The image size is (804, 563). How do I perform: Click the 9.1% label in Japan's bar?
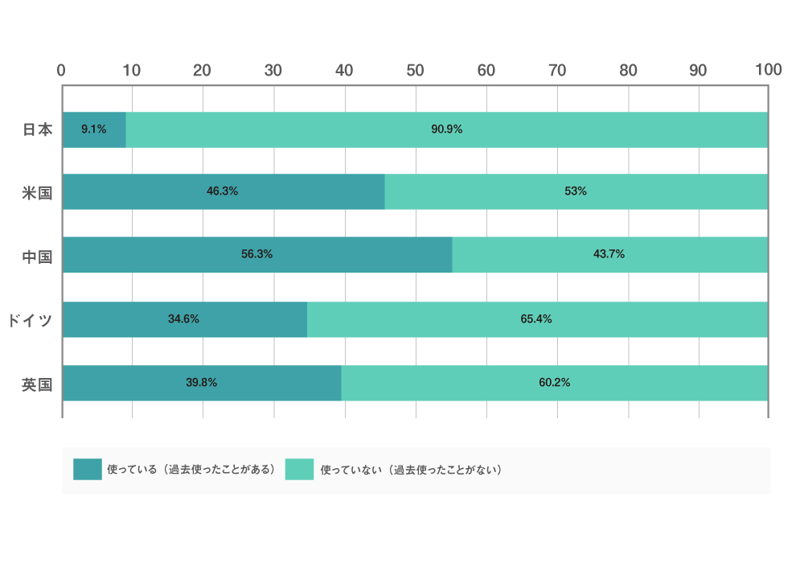click(94, 129)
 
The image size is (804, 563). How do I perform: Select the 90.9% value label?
click(447, 129)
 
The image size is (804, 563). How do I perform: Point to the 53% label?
click(576, 191)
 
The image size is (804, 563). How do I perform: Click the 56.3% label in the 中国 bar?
click(257, 254)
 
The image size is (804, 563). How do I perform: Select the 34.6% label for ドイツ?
click(184, 319)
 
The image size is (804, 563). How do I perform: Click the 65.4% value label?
click(536, 319)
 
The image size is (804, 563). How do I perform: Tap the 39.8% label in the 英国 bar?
click(202, 383)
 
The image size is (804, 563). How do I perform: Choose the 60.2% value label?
click(555, 383)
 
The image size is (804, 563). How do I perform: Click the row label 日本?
click(37, 129)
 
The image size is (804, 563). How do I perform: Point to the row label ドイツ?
click(30, 321)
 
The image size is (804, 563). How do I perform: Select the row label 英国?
click(37, 384)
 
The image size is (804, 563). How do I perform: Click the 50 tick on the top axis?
click(415, 70)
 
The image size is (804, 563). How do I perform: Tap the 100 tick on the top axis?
click(769, 70)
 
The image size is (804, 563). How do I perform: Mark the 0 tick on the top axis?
click(61, 70)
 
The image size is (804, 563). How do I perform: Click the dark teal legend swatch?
click(88, 470)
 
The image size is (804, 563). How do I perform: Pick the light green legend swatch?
click(300, 470)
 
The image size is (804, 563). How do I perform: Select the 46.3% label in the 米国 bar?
click(222, 191)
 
